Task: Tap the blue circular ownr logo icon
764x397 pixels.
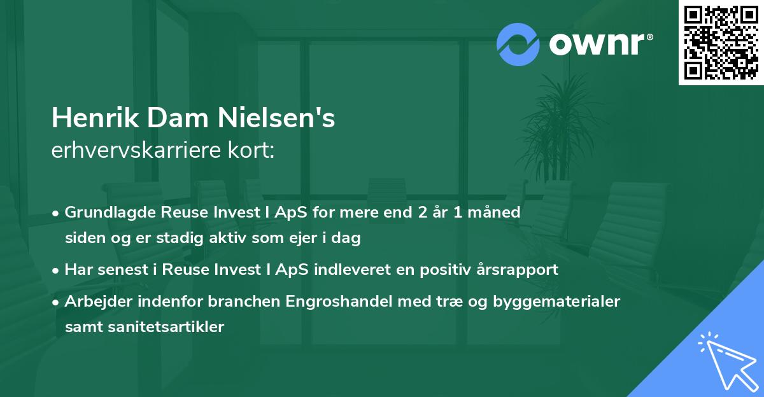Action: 519,45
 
